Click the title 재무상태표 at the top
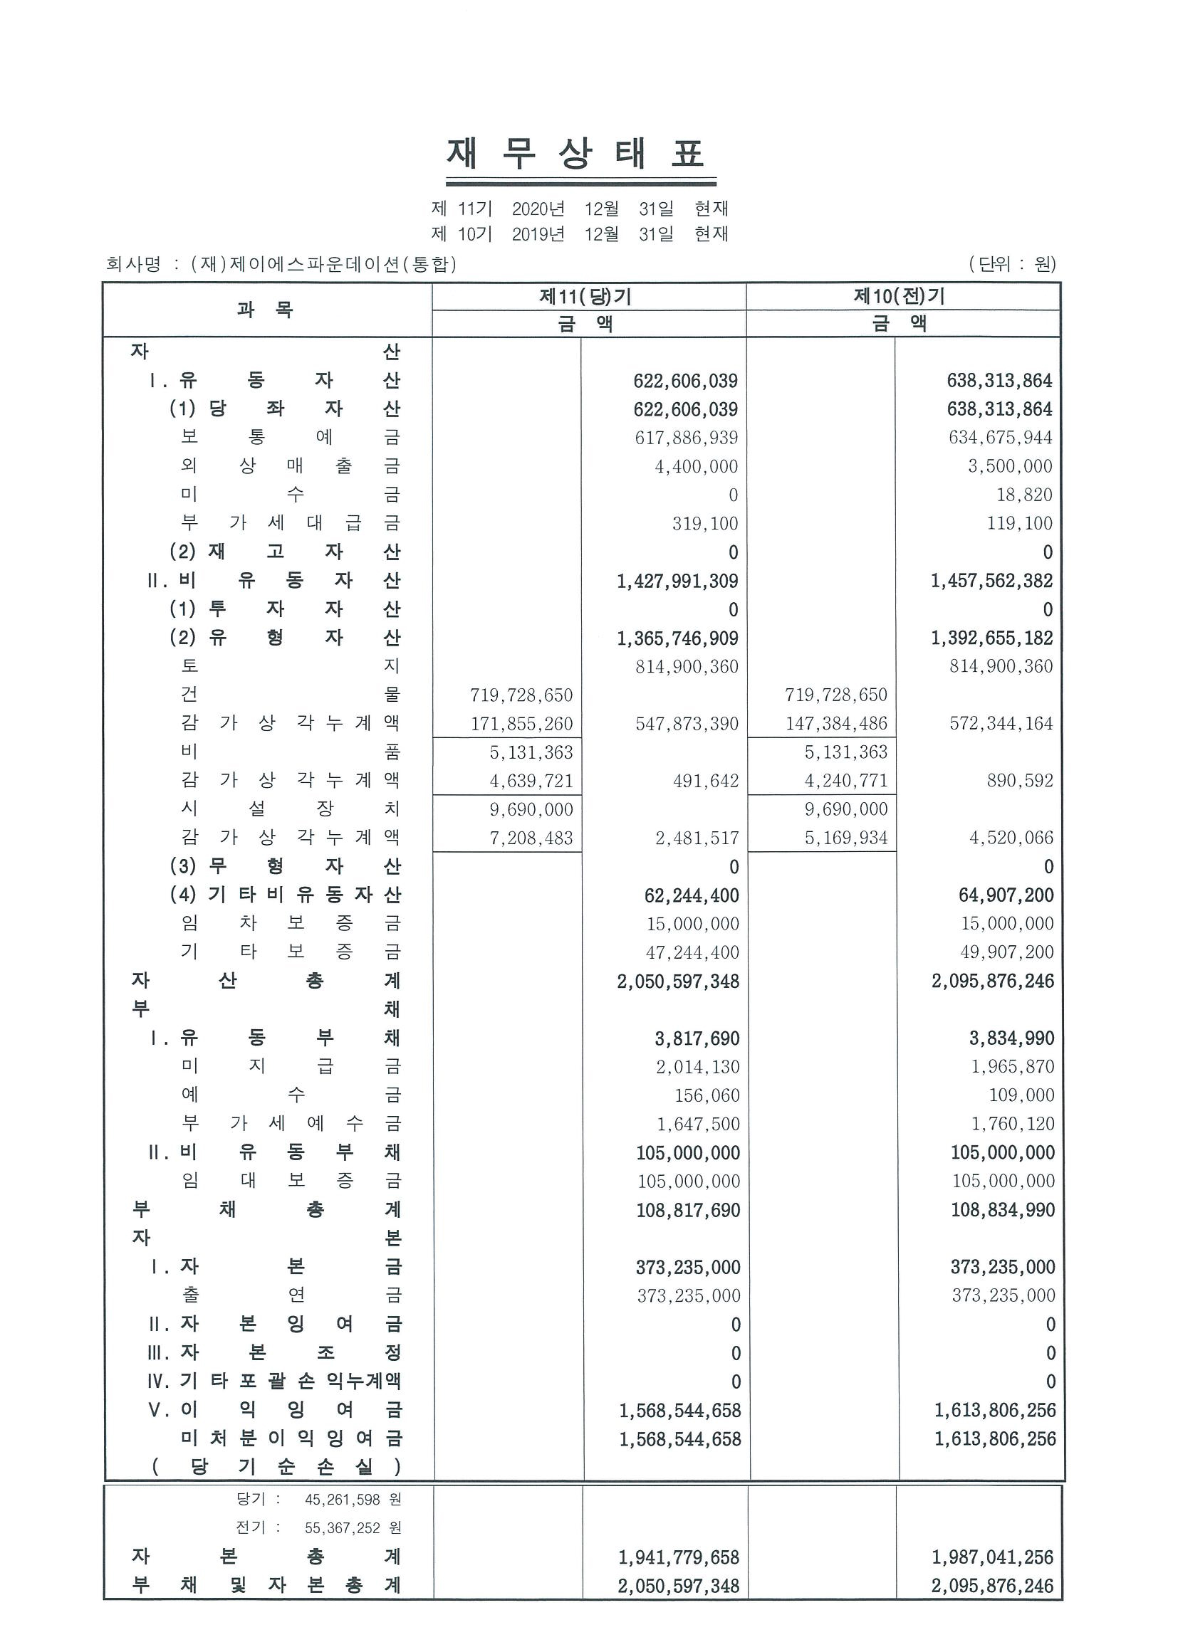click(x=576, y=154)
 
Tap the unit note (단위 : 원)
click(x=1011, y=264)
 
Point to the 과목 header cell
click(x=265, y=310)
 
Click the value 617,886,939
click(x=686, y=438)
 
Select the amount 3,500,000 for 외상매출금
click(x=1010, y=466)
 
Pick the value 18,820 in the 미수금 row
click(x=1023, y=495)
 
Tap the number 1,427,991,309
click(x=677, y=581)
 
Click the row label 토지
click(x=290, y=666)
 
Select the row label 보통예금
click(x=290, y=437)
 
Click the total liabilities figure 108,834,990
click(x=1002, y=1211)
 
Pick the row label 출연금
click(x=290, y=1295)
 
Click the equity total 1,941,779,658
click(x=679, y=1557)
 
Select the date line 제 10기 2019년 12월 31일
click(x=579, y=234)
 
